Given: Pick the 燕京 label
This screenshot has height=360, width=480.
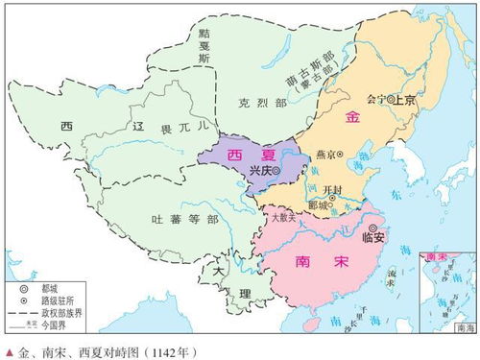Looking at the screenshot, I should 322,154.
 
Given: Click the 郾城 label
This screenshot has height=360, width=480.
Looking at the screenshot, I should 317,205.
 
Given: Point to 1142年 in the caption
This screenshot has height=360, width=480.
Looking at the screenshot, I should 168,351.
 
